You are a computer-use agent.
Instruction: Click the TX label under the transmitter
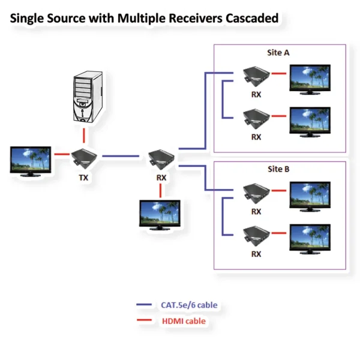click(x=83, y=178)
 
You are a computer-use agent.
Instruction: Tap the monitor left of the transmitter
click(x=31, y=160)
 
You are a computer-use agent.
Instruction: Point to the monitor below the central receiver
click(x=160, y=215)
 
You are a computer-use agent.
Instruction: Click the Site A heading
click(x=278, y=53)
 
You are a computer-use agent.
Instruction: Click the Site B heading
click(x=278, y=169)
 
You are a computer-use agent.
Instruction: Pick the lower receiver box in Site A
click(x=255, y=118)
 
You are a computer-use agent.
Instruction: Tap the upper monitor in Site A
click(x=310, y=78)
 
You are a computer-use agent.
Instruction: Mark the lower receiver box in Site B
click(x=255, y=235)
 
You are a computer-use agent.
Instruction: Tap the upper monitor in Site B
click(x=310, y=195)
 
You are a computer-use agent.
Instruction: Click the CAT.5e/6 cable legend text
click(x=189, y=305)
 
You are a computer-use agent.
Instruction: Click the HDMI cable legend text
click(x=184, y=321)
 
